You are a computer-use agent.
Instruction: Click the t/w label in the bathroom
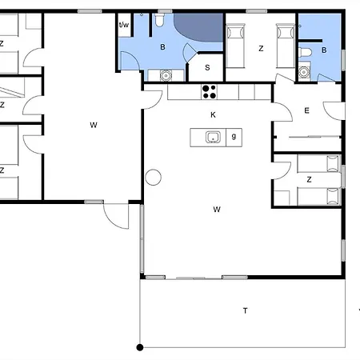pos(124,25)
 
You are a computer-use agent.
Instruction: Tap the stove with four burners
pos(210,91)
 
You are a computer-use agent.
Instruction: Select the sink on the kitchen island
pos(213,138)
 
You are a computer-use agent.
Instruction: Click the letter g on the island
pos(234,137)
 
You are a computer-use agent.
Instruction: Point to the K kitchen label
pos(213,115)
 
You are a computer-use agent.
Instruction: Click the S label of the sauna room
pos(207,68)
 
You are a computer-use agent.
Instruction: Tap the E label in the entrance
pos(307,111)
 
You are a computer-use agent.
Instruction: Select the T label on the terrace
pos(245,310)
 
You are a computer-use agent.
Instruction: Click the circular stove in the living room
pos(153,177)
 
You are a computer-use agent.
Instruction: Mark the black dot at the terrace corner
pos(140,347)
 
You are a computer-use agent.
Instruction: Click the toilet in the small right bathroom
pos(306,51)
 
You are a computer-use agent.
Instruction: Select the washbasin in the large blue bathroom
pos(166,76)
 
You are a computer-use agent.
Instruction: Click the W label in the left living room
pos(94,125)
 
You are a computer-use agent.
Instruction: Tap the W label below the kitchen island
pos(217,210)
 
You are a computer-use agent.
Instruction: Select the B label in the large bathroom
pos(162,48)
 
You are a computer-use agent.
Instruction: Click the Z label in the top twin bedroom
pos(261,49)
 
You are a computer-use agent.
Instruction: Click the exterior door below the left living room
pos(116,214)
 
